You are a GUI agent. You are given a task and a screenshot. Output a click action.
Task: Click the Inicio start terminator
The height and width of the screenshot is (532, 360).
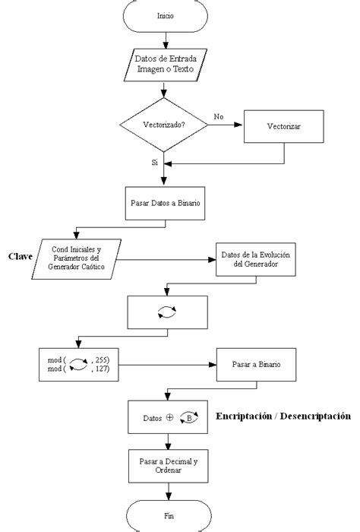point(165,16)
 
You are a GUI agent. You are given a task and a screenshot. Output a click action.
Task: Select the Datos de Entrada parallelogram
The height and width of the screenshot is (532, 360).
point(165,65)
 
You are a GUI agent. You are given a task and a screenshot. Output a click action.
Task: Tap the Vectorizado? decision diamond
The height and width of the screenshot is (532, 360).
point(164,125)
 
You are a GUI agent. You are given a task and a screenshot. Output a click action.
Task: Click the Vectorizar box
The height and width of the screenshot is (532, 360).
point(284,126)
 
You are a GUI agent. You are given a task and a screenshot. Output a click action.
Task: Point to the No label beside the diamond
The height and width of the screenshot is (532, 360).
point(219,117)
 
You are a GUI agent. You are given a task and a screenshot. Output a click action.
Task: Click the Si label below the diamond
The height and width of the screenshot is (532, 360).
point(155,163)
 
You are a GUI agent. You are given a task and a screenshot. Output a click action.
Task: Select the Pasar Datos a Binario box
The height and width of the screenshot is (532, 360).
point(165,203)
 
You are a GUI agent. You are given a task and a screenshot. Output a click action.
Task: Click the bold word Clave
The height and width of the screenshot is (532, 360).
point(21,257)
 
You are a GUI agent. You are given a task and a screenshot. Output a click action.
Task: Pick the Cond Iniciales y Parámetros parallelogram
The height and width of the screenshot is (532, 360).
point(76,259)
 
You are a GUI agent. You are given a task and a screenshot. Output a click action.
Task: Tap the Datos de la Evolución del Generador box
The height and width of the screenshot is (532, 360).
point(256,260)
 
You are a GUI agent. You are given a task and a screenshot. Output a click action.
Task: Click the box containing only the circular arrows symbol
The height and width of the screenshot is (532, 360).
point(167,312)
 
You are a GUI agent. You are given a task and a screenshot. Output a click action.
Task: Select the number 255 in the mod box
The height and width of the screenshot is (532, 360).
point(103,360)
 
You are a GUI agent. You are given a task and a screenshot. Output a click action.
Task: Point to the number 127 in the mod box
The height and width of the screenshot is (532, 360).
point(102,369)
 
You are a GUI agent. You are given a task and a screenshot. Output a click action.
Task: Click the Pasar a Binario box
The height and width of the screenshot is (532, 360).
point(256,365)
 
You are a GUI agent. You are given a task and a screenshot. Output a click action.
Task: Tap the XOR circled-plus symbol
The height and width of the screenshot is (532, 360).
point(169,418)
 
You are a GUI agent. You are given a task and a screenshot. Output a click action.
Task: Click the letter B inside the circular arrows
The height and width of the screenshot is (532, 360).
point(189,418)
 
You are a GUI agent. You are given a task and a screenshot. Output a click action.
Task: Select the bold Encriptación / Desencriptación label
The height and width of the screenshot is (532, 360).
point(283,416)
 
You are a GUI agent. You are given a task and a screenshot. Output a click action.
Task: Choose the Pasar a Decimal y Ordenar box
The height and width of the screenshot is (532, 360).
point(168,466)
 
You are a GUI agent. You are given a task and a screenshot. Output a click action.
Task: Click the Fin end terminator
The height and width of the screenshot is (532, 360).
point(169,516)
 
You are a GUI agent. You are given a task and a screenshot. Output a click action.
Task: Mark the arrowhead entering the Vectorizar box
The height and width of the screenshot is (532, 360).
point(238,125)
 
